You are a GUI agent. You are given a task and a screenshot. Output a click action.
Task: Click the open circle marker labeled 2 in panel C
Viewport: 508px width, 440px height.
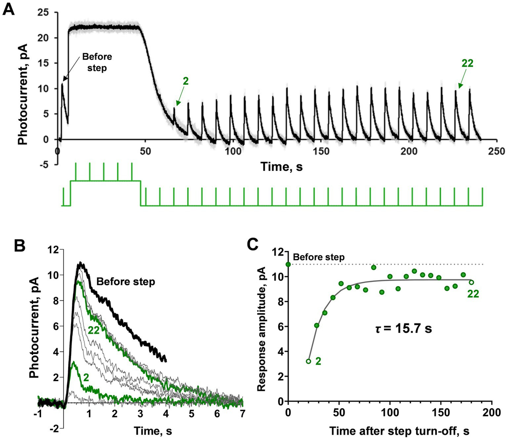point(309,361)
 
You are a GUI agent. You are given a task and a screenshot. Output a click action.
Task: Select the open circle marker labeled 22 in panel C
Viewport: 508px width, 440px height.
point(471,282)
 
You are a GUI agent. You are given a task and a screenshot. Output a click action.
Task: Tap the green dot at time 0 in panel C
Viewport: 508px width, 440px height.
point(288,264)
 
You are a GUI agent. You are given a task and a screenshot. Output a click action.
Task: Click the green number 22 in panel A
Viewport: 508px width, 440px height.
point(467,63)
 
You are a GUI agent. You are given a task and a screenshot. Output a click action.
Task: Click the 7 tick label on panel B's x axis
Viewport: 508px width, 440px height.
point(242,413)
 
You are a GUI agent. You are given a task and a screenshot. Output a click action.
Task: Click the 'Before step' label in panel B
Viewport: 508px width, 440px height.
point(125,281)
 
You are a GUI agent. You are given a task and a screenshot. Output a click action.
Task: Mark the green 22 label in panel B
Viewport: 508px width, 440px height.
point(94,332)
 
